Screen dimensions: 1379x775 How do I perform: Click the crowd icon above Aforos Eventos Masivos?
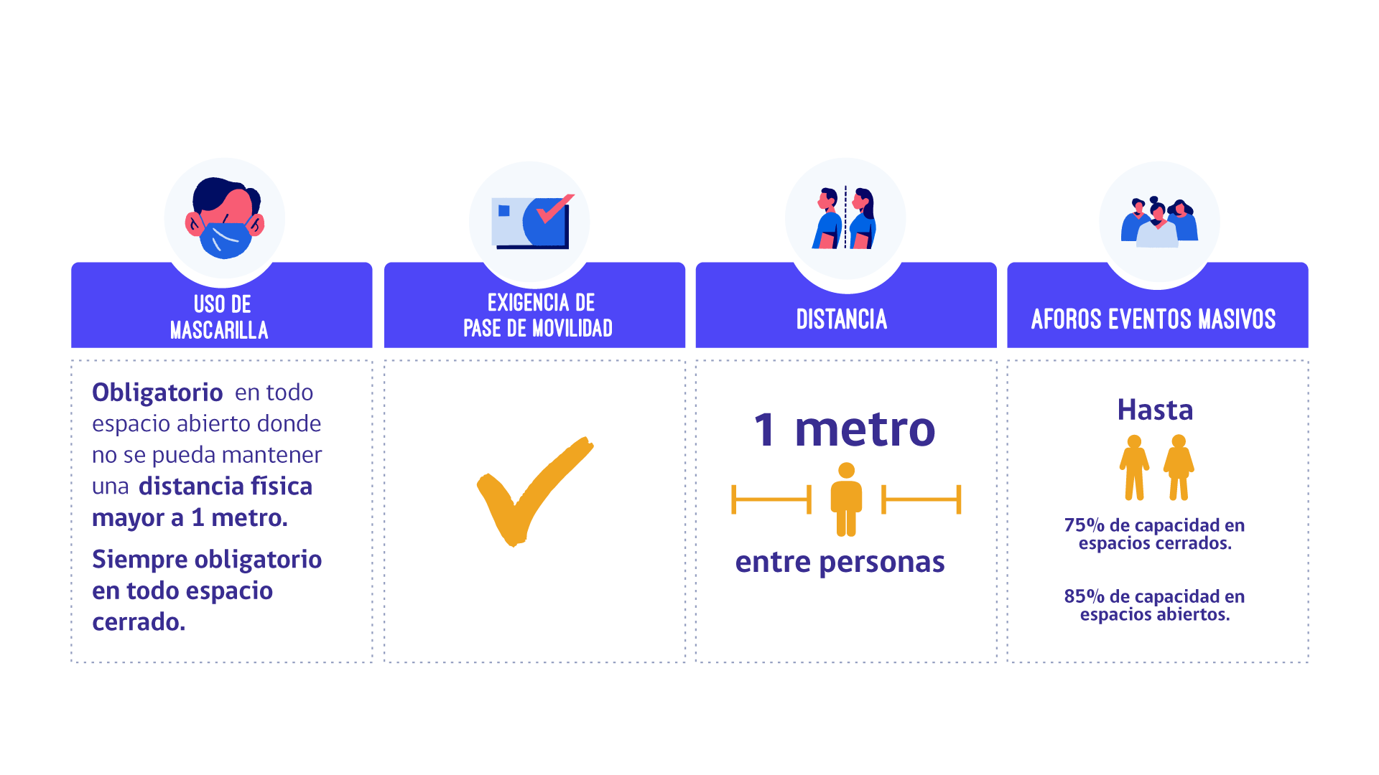click(1159, 222)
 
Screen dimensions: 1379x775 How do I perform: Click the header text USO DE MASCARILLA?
click(220, 316)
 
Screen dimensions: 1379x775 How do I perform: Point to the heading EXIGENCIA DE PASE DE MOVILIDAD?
click(539, 315)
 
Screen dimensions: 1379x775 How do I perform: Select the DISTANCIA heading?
click(842, 319)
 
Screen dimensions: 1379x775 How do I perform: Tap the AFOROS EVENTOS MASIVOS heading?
click(1153, 319)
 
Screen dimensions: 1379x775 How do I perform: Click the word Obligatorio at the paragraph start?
click(157, 393)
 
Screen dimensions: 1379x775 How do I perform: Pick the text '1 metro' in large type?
click(844, 429)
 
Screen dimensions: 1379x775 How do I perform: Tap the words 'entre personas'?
click(840, 562)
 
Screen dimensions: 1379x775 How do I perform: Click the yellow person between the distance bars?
click(846, 499)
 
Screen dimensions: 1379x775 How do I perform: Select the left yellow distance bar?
click(771, 499)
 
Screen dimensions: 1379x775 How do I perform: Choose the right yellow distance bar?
click(921, 499)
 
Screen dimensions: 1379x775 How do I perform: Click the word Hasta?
click(1155, 410)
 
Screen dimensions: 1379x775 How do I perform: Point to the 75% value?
click(1084, 525)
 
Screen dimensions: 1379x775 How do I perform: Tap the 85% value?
click(1084, 596)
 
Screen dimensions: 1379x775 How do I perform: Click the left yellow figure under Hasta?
click(1134, 468)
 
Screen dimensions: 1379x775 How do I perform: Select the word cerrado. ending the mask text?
click(139, 622)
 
